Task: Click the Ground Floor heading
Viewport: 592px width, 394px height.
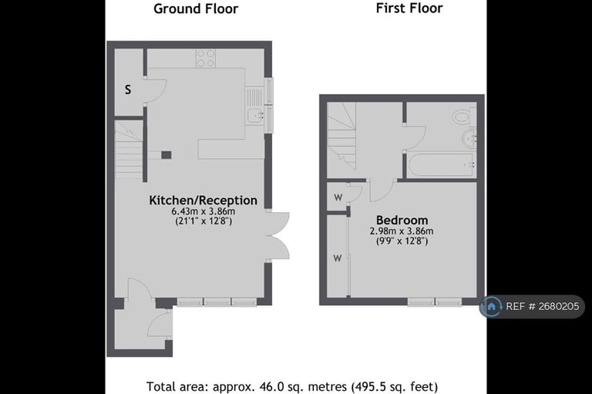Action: coord(196,9)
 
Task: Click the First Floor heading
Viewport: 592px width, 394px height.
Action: coord(409,8)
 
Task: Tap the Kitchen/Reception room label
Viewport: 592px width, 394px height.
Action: coord(203,200)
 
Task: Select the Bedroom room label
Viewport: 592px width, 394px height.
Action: coord(402,221)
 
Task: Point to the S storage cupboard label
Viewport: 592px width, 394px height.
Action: coord(128,89)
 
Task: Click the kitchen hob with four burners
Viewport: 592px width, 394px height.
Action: coord(206,58)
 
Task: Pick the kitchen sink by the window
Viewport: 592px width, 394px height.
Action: coord(254,116)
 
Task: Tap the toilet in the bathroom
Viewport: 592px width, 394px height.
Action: coord(461,117)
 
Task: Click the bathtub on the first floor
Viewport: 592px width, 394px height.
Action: coord(440,165)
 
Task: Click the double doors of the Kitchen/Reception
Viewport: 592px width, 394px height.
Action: coord(277,234)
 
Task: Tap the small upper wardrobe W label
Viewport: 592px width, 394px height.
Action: coord(338,197)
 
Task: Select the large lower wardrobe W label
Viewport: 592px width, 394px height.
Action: coord(337,258)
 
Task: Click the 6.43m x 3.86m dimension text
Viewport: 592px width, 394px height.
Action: coord(203,211)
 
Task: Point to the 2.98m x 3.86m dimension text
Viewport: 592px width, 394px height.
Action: coord(402,231)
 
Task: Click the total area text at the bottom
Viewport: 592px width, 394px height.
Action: coord(297,386)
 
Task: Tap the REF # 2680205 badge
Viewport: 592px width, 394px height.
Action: coord(532,306)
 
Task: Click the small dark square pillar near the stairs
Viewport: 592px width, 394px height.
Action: coord(166,155)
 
